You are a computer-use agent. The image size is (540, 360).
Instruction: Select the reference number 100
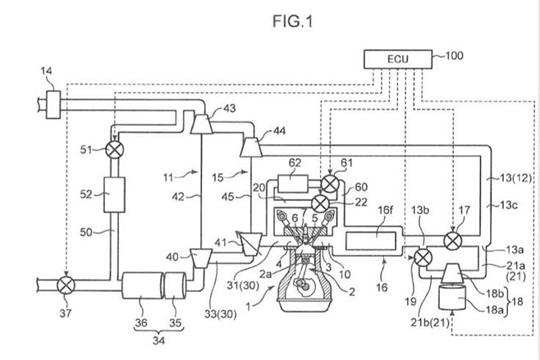click(453, 56)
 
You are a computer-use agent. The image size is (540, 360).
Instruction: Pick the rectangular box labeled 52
click(112, 197)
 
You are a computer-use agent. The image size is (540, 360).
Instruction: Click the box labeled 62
click(294, 181)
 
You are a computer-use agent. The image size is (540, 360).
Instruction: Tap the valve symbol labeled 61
click(330, 182)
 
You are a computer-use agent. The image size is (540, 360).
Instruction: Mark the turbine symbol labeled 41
click(247, 243)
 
